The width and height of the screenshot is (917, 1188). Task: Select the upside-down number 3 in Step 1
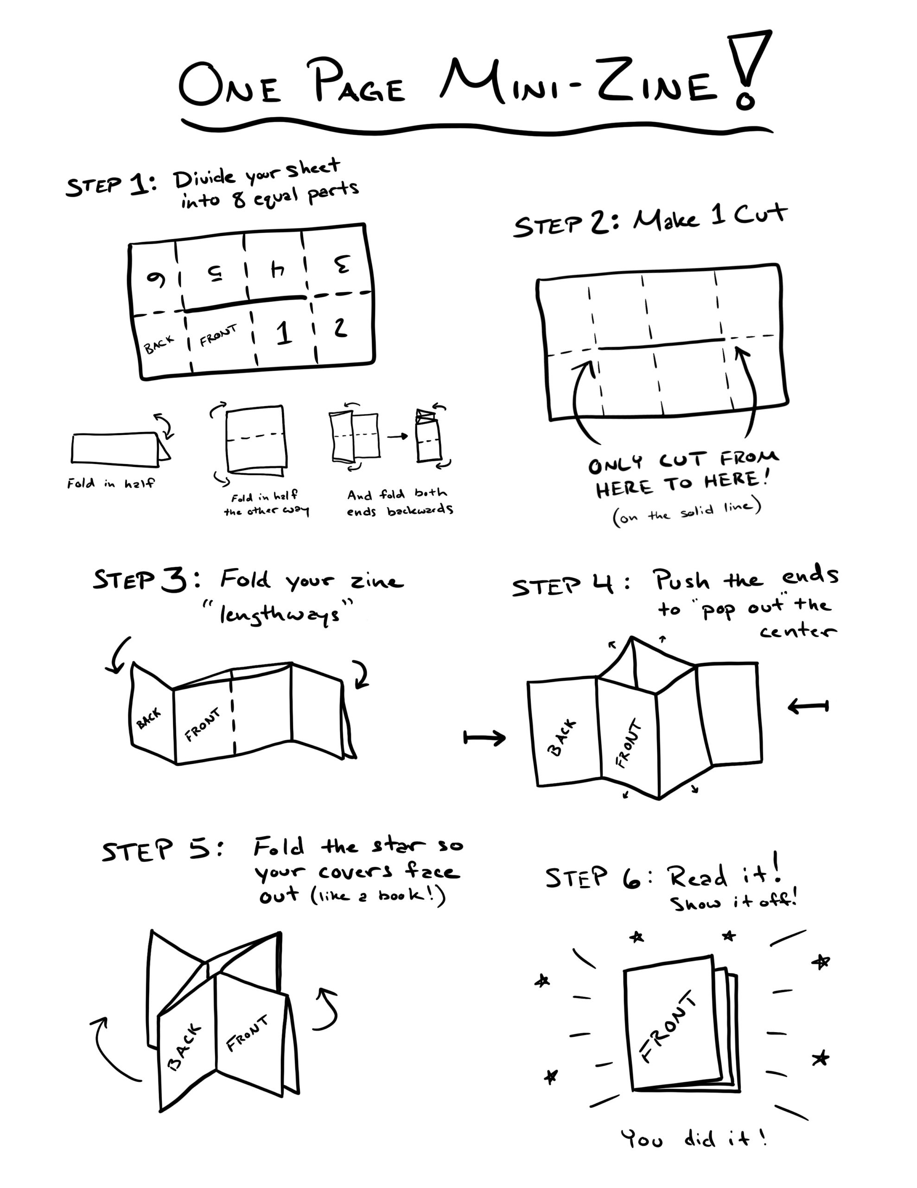341,265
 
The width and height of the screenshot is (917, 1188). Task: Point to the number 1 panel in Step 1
283,333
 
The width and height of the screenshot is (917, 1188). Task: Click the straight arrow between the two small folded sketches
397,436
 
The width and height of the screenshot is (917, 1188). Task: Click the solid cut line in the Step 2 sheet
662,344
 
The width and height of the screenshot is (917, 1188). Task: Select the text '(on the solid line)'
687,512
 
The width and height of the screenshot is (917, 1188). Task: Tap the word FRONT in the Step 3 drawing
203,725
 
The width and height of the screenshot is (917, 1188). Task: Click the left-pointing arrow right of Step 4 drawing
808,707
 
